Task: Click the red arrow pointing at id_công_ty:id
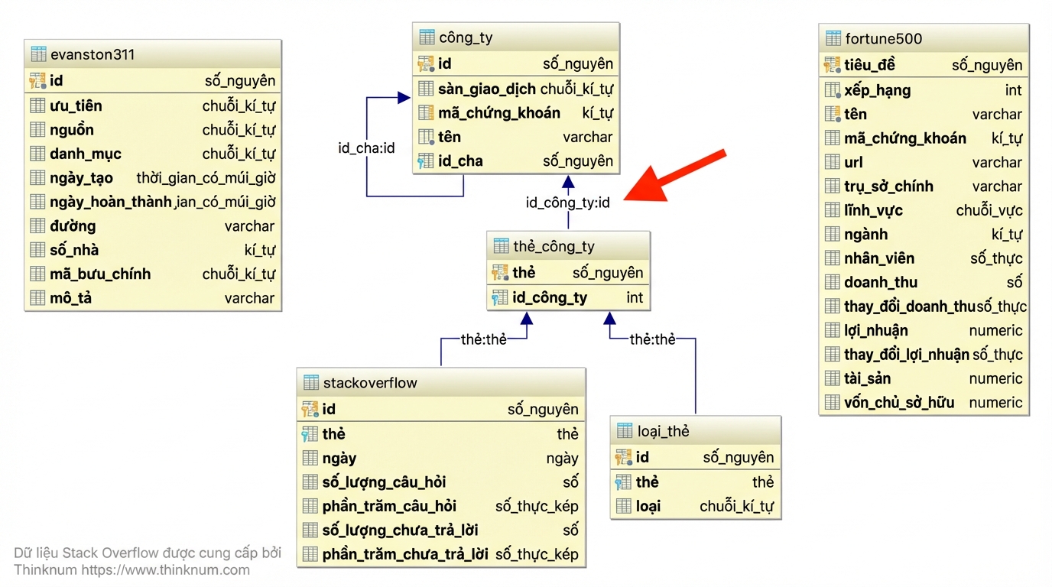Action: tap(674, 176)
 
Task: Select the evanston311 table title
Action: tap(93, 54)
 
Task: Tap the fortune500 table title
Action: tap(883, 38)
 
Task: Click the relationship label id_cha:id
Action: tap(366, 148)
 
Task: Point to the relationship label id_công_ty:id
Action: tap(568, 203)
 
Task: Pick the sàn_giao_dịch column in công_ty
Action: tap(486, 89)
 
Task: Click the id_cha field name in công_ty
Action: tap(460, 161)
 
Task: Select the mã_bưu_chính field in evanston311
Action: tap(100, 274)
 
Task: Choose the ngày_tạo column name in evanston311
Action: tap(81, 178)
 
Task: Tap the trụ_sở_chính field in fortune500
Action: tap(888, 186)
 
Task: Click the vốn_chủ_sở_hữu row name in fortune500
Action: tap(899, 403)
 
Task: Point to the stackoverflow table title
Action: tap(370, 383)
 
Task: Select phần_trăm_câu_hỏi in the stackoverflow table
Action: tap(389, 506)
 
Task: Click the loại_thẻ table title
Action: tap(663, 431)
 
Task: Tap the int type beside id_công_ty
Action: tap(635, 297)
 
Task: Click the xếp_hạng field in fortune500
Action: tap(877, 90)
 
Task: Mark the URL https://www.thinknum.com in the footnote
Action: tap(165, 570)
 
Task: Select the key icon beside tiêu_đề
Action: tap(833, 65)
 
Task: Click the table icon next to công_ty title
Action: tap(427, 37)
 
